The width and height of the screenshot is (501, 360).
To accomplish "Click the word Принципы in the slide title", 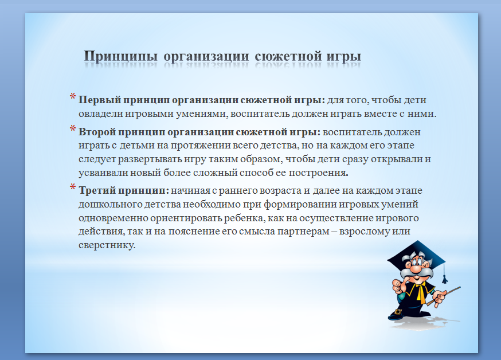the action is click(x=121, y=57).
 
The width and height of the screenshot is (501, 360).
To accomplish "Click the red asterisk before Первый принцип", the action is click(x=73, y=97).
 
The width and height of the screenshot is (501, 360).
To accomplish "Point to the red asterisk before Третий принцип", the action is click(x=73, y=187).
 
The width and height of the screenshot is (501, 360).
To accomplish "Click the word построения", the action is click(x=318, y=173).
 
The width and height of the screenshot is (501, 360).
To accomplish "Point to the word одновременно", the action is click(x=113, y=218).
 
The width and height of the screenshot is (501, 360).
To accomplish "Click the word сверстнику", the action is click(x=107, y=245).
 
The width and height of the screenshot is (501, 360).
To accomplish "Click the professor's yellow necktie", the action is click(x=420, y=293).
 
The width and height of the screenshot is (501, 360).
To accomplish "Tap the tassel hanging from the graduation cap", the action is click(x=444, y=279).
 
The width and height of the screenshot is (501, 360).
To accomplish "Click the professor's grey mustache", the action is click(x=415, y=275).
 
